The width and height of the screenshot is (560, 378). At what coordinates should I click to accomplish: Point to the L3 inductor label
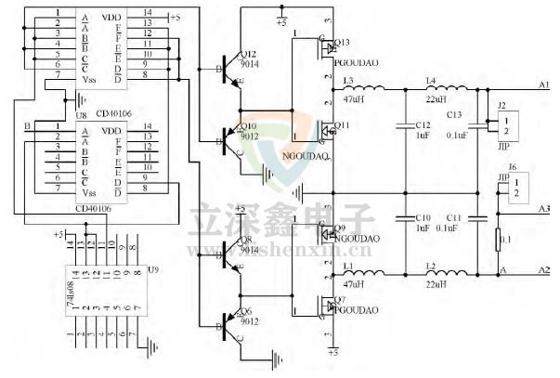click(x=348, y=81)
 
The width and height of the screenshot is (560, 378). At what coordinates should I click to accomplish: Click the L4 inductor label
click(x=430, y=81)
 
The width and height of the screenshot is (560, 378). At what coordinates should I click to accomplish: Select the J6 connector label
click(x=513, y=167)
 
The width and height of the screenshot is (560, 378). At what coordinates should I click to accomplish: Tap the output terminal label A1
click(x=544, y=84)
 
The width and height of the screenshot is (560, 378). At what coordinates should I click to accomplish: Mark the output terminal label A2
click(x=544, y=269)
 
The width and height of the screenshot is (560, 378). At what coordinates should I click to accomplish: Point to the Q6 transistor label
click(x=247, y=311)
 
